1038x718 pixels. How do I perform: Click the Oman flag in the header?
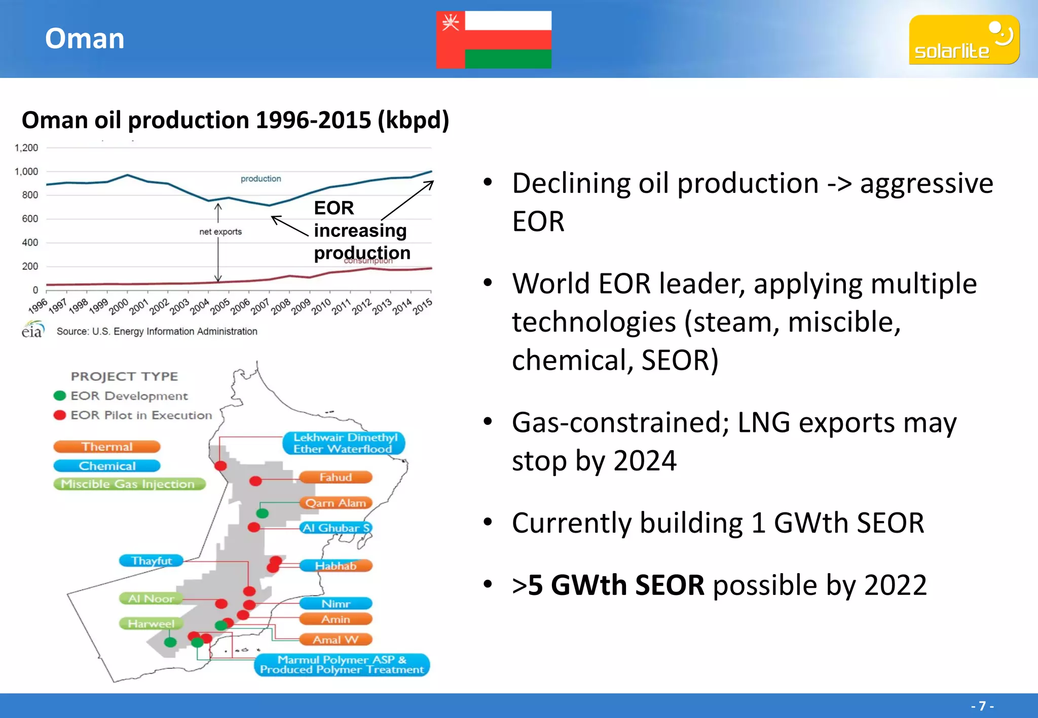(494, 39)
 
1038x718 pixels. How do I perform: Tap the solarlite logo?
(963, 39)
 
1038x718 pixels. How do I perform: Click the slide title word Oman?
(85, 38)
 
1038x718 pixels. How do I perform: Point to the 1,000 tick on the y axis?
(26, 172)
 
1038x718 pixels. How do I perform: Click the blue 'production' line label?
(261, 179)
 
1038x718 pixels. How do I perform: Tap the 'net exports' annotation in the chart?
(220, 232)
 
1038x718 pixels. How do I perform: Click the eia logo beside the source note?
(32, 330)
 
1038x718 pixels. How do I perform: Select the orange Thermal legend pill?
(107, 447)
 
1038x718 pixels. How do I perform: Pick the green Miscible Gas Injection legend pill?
(129, 484)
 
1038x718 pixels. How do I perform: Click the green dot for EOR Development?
(60, 395)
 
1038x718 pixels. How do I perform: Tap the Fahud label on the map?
(336, 477)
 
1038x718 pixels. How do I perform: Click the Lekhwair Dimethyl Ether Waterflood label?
(344, 443)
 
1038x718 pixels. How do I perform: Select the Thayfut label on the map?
(151, 561)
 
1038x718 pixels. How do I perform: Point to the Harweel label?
(151, 623)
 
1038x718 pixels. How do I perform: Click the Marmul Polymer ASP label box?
(342, 665)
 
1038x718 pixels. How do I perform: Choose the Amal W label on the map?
(336, 640)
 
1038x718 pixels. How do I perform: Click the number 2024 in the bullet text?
(644, 461)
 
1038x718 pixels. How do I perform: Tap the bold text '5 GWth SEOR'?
(616, 585)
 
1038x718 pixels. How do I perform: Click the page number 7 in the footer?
(982, 706)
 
